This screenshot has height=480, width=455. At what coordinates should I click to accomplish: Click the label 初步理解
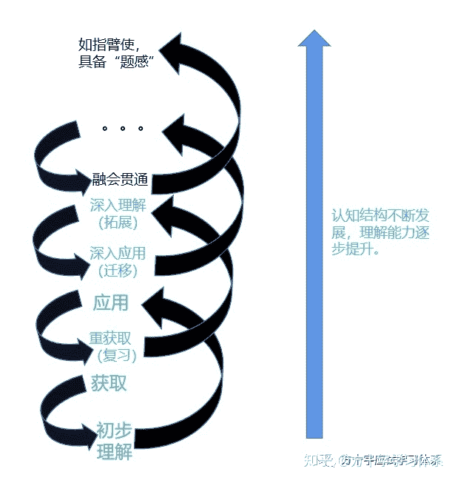[x=114, y=441]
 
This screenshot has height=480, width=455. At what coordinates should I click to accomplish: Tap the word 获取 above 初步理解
[x=109, y=383]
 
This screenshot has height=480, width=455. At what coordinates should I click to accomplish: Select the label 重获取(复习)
[x=111, y=347]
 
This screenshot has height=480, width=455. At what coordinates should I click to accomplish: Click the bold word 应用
[x=111, y=302]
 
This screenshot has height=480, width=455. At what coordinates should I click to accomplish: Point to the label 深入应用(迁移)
[x=118, y=261]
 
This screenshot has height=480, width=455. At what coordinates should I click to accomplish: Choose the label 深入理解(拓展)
[x=118, y=212]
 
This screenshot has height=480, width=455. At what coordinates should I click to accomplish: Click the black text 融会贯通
[x=121, y=179]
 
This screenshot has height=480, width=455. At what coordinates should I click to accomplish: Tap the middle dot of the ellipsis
[x=122, y=129]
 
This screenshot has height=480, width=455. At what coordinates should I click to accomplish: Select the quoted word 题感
[x=141, y=61]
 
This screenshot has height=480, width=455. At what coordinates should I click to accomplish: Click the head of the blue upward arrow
[x=314, y=38]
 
